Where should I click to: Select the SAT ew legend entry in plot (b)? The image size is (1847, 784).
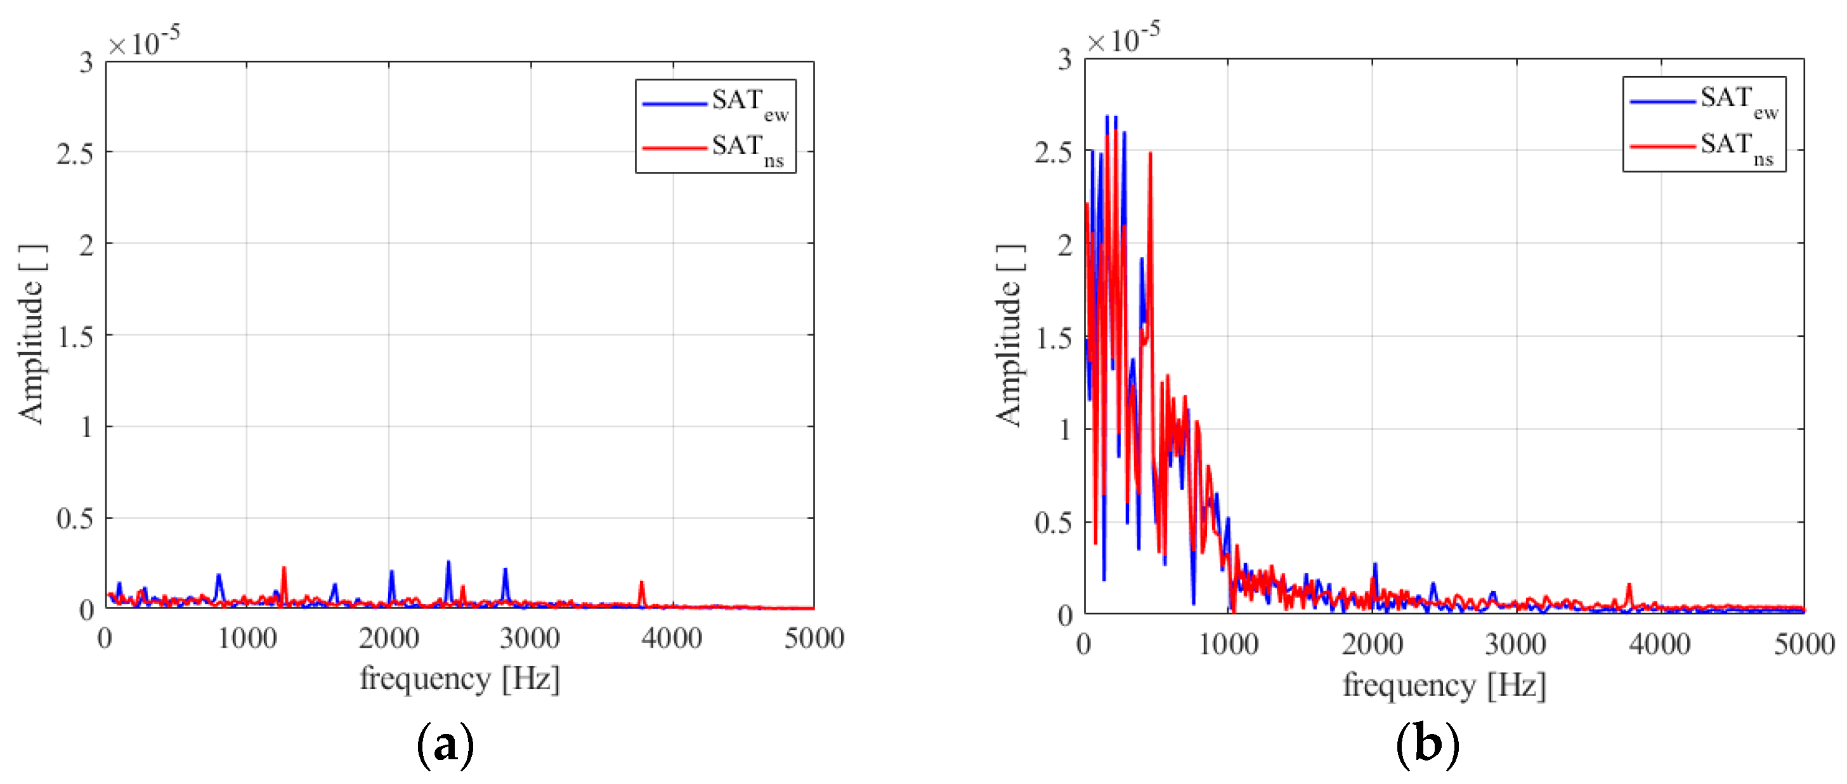pyautogui.click(x=1705, y=101)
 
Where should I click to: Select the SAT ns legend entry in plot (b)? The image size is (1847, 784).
pyautogui.click(x=1705, y=147)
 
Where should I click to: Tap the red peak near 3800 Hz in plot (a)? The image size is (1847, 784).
pyautogui.click(x=642, y=583)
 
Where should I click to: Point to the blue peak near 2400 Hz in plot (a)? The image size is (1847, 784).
pyautogui.click(x=449, y=563)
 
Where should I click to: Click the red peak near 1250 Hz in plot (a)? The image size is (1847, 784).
pyautogui.click(x=284, y=569)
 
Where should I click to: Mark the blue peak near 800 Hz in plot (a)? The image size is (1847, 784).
pyautogui.click(x=219, y=575)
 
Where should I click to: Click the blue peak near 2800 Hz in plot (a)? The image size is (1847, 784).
pyautogui.click(x=506, y=570)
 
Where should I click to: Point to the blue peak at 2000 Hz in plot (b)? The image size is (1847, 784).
pyautogui.click(x=1375, y=565)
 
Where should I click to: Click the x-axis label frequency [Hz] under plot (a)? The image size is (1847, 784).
pyautogui.click(x=460, y=679)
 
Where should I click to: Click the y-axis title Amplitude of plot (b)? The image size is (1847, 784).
pyautogui.click(x=1010, y=336)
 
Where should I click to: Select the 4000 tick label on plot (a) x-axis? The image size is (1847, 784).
pyautogui.click(x=672, y=637)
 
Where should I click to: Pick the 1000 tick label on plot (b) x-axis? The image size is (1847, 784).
pyautogui.click(x=1228, y=643)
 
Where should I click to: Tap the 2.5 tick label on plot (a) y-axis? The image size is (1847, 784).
pyautogui.click(x=75, y=154)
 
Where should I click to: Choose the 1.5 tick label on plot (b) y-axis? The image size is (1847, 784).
pyautogui.click(x=1054, y=339)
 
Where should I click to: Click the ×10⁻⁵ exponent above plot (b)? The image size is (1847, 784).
pyautogui.click(x=1123, y=39)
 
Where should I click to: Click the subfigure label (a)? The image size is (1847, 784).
pyautogui.click(x=445, y=745)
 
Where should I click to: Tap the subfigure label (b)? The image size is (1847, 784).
pyautogui.click(x=1427, y=745)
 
